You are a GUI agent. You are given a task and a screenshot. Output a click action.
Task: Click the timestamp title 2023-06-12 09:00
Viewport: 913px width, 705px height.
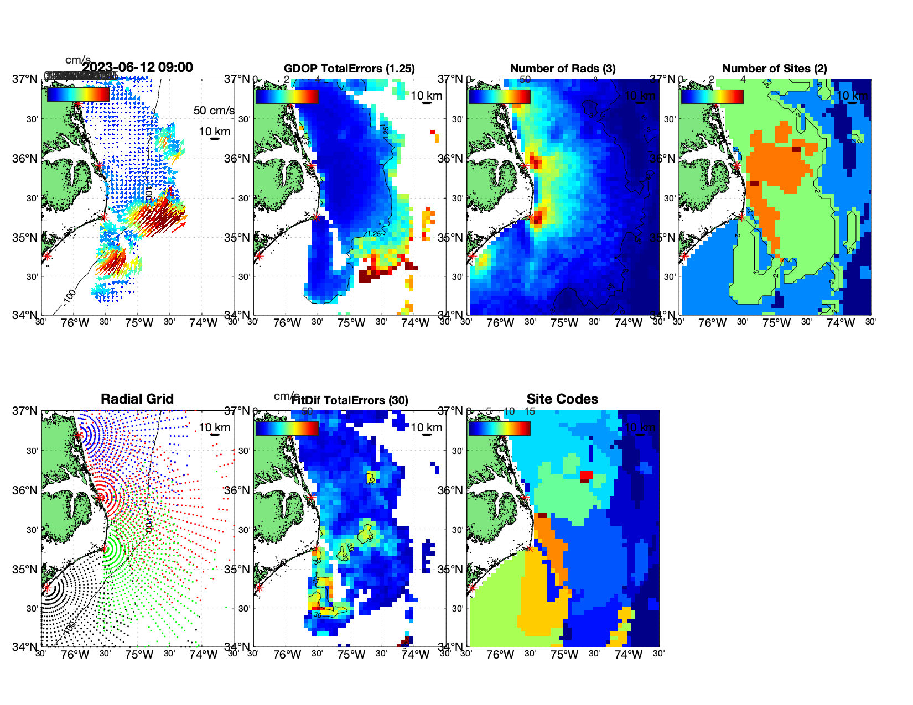138,67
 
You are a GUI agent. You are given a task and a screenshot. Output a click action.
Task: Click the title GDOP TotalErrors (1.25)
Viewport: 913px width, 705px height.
349,69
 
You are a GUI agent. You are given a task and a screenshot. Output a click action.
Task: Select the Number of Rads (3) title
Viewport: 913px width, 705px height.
563,69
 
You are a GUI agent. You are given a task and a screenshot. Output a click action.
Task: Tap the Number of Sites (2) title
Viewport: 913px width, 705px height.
774,69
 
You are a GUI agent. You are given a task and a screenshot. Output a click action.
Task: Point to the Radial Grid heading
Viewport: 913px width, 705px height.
137,399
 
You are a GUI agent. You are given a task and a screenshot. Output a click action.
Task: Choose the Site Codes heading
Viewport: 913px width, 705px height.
562,399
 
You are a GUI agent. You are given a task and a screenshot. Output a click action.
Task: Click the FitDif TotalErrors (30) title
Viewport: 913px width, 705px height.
350,400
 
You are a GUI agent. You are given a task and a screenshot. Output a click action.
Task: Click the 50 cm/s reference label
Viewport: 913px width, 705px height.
214,111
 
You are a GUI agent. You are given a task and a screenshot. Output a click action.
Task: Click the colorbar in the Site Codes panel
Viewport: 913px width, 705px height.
499,429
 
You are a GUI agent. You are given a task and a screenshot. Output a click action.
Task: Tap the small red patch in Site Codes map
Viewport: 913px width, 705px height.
587,475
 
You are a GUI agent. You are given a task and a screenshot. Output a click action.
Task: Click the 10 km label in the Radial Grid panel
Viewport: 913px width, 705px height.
214,427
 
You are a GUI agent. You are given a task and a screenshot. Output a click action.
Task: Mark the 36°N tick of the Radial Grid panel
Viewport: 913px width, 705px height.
25,490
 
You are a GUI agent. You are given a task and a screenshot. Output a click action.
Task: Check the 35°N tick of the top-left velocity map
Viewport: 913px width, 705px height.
25,238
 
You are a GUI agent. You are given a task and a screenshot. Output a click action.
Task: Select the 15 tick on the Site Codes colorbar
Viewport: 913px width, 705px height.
530,411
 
